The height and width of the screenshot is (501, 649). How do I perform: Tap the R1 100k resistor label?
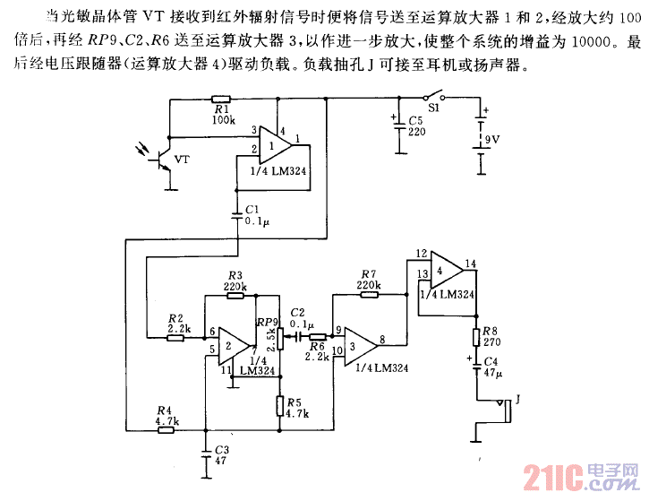click(x=223, y=114)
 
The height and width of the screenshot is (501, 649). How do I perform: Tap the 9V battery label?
click(x=491, y=141)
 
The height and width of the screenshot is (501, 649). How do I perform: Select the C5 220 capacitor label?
click(x=415, y=125)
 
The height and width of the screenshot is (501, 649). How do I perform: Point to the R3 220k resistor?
click(x=235, y=298)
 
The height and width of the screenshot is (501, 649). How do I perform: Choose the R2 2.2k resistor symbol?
click(x=176, y=337)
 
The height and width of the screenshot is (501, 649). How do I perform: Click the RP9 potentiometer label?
click(x=267, y=322)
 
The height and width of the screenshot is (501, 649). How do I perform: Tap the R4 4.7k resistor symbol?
click(x=167, y=430)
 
